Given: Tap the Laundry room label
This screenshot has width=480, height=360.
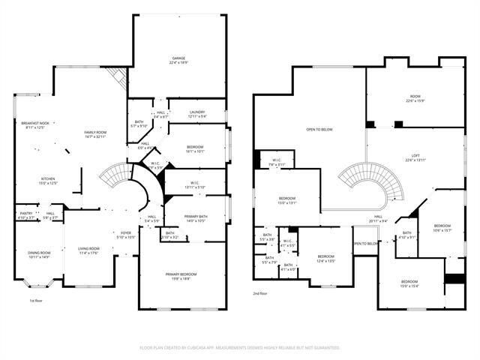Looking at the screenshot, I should tap(197, 115).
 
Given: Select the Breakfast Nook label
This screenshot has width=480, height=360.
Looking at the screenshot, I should tap(34, 125).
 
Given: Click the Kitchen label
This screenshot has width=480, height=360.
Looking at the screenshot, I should tap(46, 180).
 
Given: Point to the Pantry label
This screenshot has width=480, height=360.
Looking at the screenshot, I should tap(25, 215).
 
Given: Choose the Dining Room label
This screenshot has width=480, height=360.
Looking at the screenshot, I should tap(38, 255).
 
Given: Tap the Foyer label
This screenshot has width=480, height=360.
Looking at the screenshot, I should tap(126, 235).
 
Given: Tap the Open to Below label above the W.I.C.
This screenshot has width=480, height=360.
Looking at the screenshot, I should tap(319, 130).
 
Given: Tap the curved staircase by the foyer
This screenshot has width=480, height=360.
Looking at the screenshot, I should tap(120, 178).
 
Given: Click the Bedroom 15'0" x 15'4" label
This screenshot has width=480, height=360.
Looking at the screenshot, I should tap(409, 283).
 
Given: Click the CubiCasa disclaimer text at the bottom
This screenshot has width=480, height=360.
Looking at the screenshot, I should tap(240, 347).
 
